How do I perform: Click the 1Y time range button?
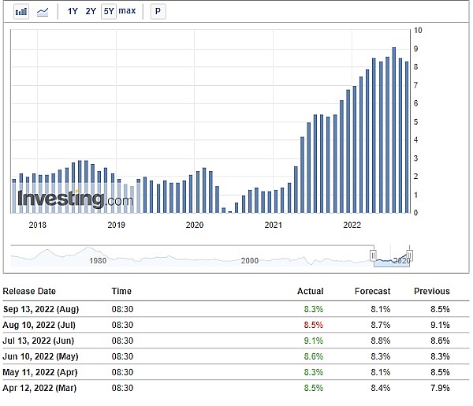(73, 12)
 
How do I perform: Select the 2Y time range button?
(91, 12)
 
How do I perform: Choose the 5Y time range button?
(108, 12)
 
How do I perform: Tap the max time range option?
(127, 12)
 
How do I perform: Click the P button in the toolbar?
(158, 12)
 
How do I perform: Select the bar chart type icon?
(22, 12)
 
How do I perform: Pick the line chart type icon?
(43, 12)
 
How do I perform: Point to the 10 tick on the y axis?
(418, 30)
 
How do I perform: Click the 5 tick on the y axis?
(417, 121)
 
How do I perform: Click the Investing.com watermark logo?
(76, 199)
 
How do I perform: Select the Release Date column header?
(30, 291)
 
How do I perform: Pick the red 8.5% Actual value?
(313, 325)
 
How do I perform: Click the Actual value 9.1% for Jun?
(313, 341)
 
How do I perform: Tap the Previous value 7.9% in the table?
(440, 388)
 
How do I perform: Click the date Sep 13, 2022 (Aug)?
(41, 308)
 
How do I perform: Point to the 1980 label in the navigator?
(98, 260)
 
